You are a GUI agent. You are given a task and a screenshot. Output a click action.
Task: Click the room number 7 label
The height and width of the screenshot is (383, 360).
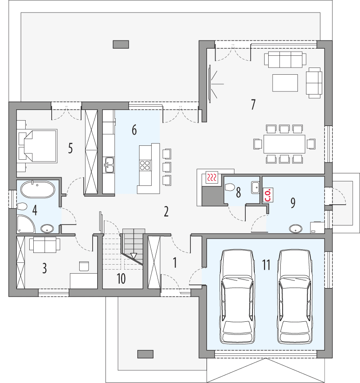tap(253, 105)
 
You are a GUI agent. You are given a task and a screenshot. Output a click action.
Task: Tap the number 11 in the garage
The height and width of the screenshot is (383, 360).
tap(266, 265)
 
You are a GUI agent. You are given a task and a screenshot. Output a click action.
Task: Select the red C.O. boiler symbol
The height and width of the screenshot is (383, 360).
tap(267, 194)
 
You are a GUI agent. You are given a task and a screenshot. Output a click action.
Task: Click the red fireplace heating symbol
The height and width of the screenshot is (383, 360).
tap(212, 177)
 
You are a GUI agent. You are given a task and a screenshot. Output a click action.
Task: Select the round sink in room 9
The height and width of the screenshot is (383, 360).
tap(295, 228)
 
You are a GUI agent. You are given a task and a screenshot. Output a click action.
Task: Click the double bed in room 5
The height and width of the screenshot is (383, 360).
tap(37, 145)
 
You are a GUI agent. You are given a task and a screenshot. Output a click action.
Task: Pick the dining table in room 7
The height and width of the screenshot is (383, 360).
tap(284, 144)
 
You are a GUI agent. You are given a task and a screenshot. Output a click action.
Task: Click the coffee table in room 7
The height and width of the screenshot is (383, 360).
tap(284, 83)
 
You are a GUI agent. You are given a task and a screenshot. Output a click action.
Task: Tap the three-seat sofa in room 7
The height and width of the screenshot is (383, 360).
tap(284, 59)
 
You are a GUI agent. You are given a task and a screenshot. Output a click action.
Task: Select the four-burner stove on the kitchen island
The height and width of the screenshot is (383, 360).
tap(145, 165)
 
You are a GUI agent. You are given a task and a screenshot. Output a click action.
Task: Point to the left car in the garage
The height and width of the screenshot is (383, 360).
tap(237, 297)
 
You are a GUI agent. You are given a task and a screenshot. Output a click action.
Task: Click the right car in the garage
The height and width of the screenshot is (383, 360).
tap(295, 297)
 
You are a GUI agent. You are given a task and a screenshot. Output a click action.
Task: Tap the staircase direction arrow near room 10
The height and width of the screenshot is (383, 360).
tap(133, 256)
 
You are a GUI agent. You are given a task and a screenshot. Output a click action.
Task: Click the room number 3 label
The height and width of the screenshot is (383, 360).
tap(44, 268)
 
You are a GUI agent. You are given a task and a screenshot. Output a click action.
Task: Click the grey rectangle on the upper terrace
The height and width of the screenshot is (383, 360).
tap(121, 44)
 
